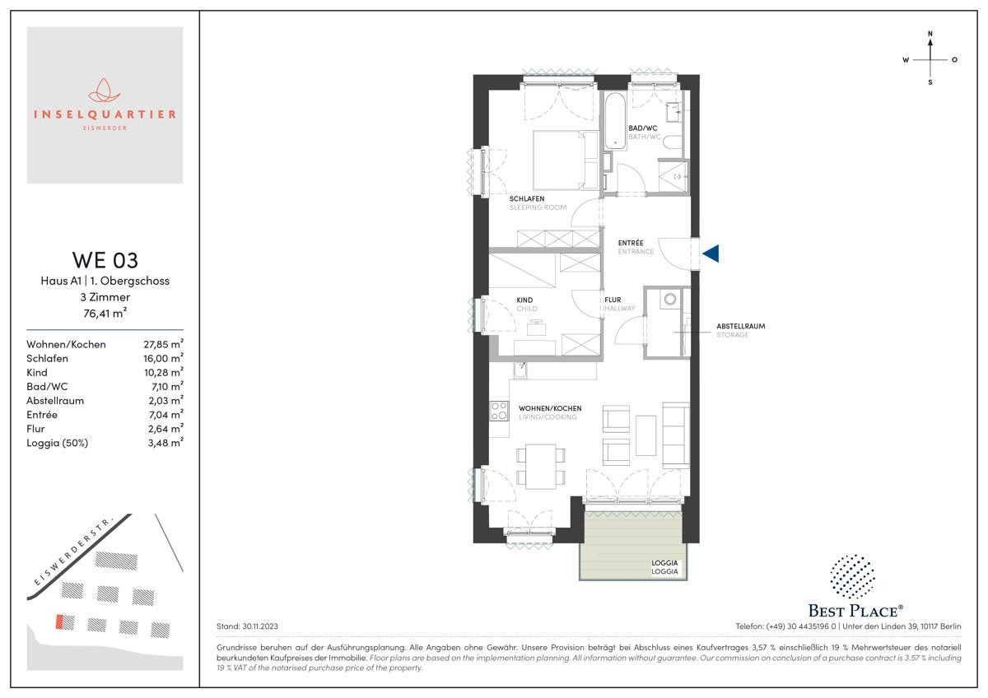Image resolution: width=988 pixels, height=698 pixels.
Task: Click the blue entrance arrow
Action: [x=711, y=254]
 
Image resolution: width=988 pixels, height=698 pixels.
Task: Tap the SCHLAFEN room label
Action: [x=527, y=199]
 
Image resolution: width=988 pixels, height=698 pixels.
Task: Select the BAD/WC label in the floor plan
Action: [x=643, y=128]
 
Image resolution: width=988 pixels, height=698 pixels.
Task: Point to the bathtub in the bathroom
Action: [x=615, y=120]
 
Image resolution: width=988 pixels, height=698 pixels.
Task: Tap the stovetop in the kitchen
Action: [x=499, y=411]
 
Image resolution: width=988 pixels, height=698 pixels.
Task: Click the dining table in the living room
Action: [x=541, y=467]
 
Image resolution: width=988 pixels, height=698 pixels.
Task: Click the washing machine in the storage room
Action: [x=670, y=299]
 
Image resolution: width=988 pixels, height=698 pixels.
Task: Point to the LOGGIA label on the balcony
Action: [x=664, y=563]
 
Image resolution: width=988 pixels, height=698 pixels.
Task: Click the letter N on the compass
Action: [x=930, y=34]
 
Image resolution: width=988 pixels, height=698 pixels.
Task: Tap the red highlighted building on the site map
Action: [x=59, y=621]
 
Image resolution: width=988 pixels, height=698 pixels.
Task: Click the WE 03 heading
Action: [x=105, y=260]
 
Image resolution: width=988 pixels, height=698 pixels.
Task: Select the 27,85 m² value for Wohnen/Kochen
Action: [x=163, y=344]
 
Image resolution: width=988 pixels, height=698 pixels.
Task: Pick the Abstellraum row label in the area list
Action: [x=55, y=400]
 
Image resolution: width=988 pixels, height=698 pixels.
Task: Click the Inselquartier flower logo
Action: [x=105, y=91]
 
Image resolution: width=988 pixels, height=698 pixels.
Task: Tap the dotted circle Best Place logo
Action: [x=853, y=576]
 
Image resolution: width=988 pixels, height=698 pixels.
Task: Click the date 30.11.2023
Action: [x=259, y=626]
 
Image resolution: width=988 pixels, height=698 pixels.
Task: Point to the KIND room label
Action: [x=525, y=300]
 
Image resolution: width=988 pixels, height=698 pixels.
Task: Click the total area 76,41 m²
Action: [x=105, y=313]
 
